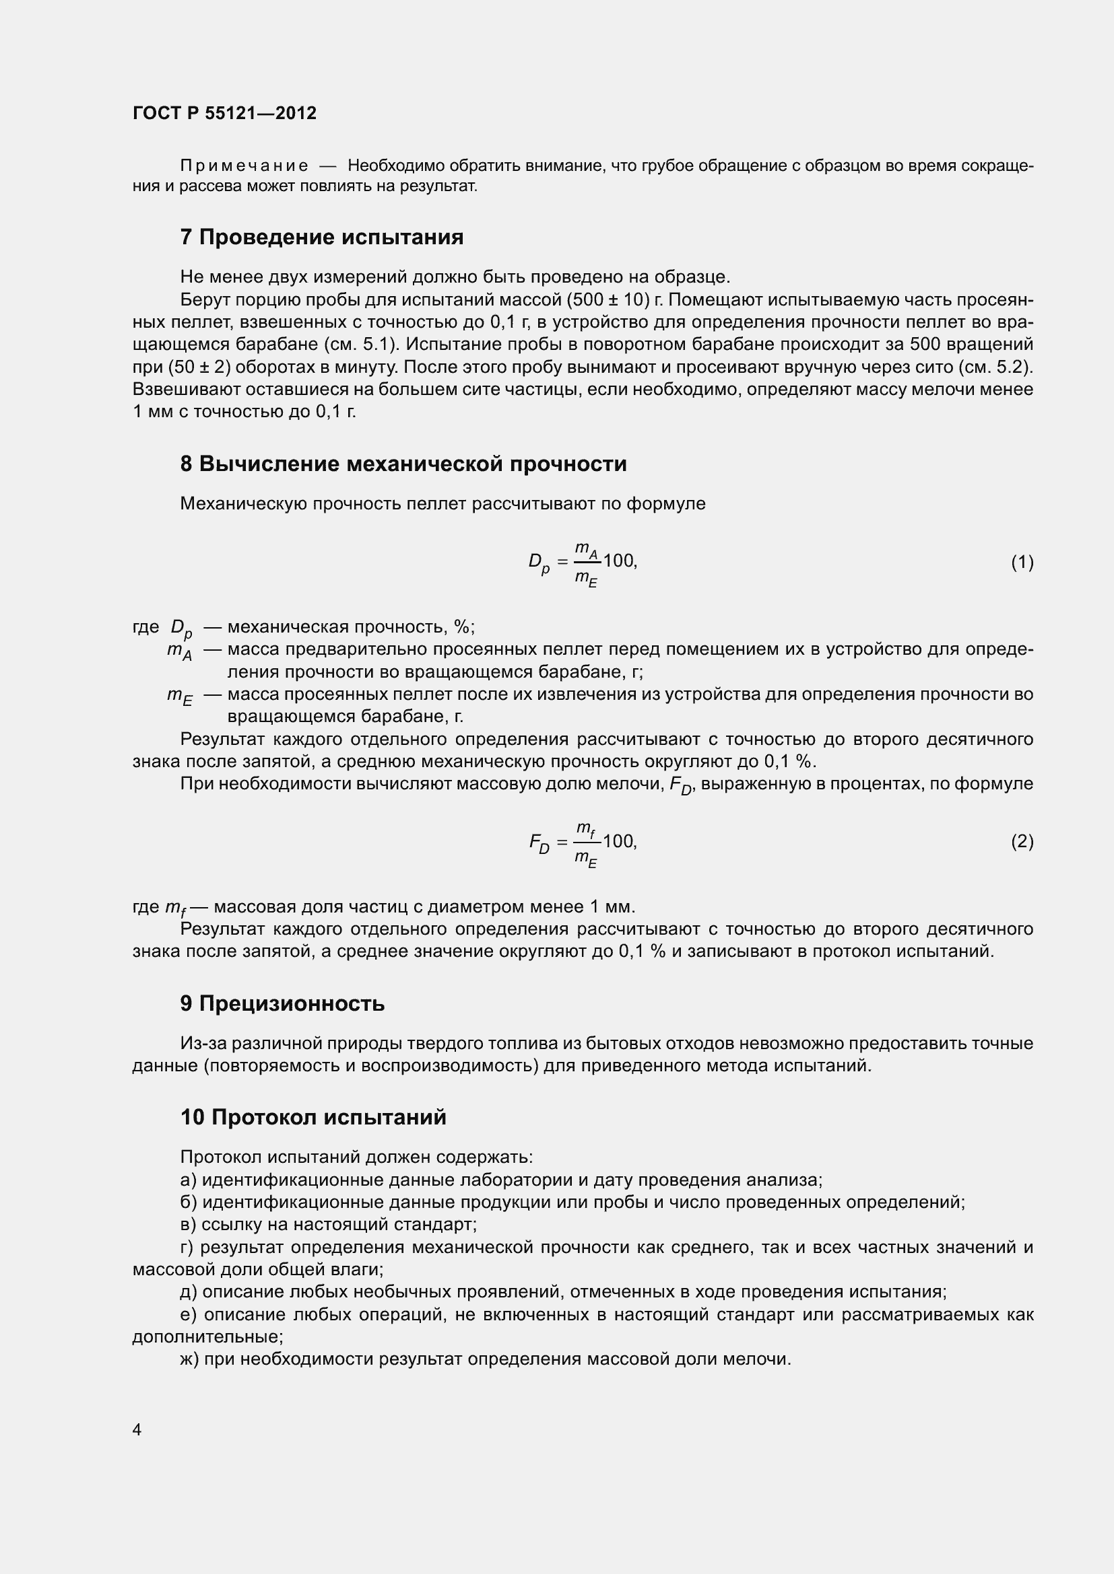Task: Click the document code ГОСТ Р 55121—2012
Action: [224, 113]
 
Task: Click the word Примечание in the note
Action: [244, 166]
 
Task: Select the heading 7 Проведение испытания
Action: [322, 237]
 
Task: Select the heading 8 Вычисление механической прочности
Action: [403, 464]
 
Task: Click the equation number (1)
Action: [1022, 562]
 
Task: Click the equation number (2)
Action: [1022, 841]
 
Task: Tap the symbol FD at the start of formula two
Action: [539, 843]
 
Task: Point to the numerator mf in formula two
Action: [585, 830]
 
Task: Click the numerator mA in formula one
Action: [587, 549]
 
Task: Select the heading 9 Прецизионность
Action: [282, 1003]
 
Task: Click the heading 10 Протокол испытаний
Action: [313, 1118]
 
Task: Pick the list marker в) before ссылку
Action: [189, 1224]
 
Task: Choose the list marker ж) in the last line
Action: [190, 1359]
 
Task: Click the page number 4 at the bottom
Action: [137, 1429]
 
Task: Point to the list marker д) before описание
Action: [189, 1291]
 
